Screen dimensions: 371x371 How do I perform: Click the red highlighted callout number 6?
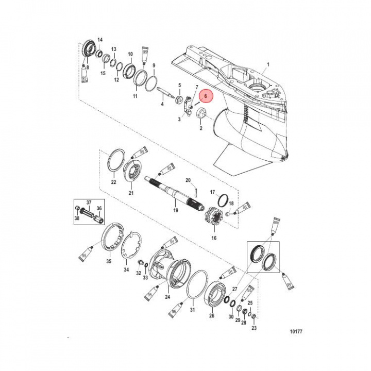click(x=206, y=96)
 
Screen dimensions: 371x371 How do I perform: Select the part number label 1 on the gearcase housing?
click(x=267, y=65)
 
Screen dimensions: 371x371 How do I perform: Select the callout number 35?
click(x=109, y=262)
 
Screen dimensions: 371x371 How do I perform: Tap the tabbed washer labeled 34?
click(x=132, y=246)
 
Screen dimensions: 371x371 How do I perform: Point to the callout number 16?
click(x=213, y=238)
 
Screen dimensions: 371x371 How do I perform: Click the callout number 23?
click(x=254, y=328)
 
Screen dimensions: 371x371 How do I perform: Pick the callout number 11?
click(x=135, y=96)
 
